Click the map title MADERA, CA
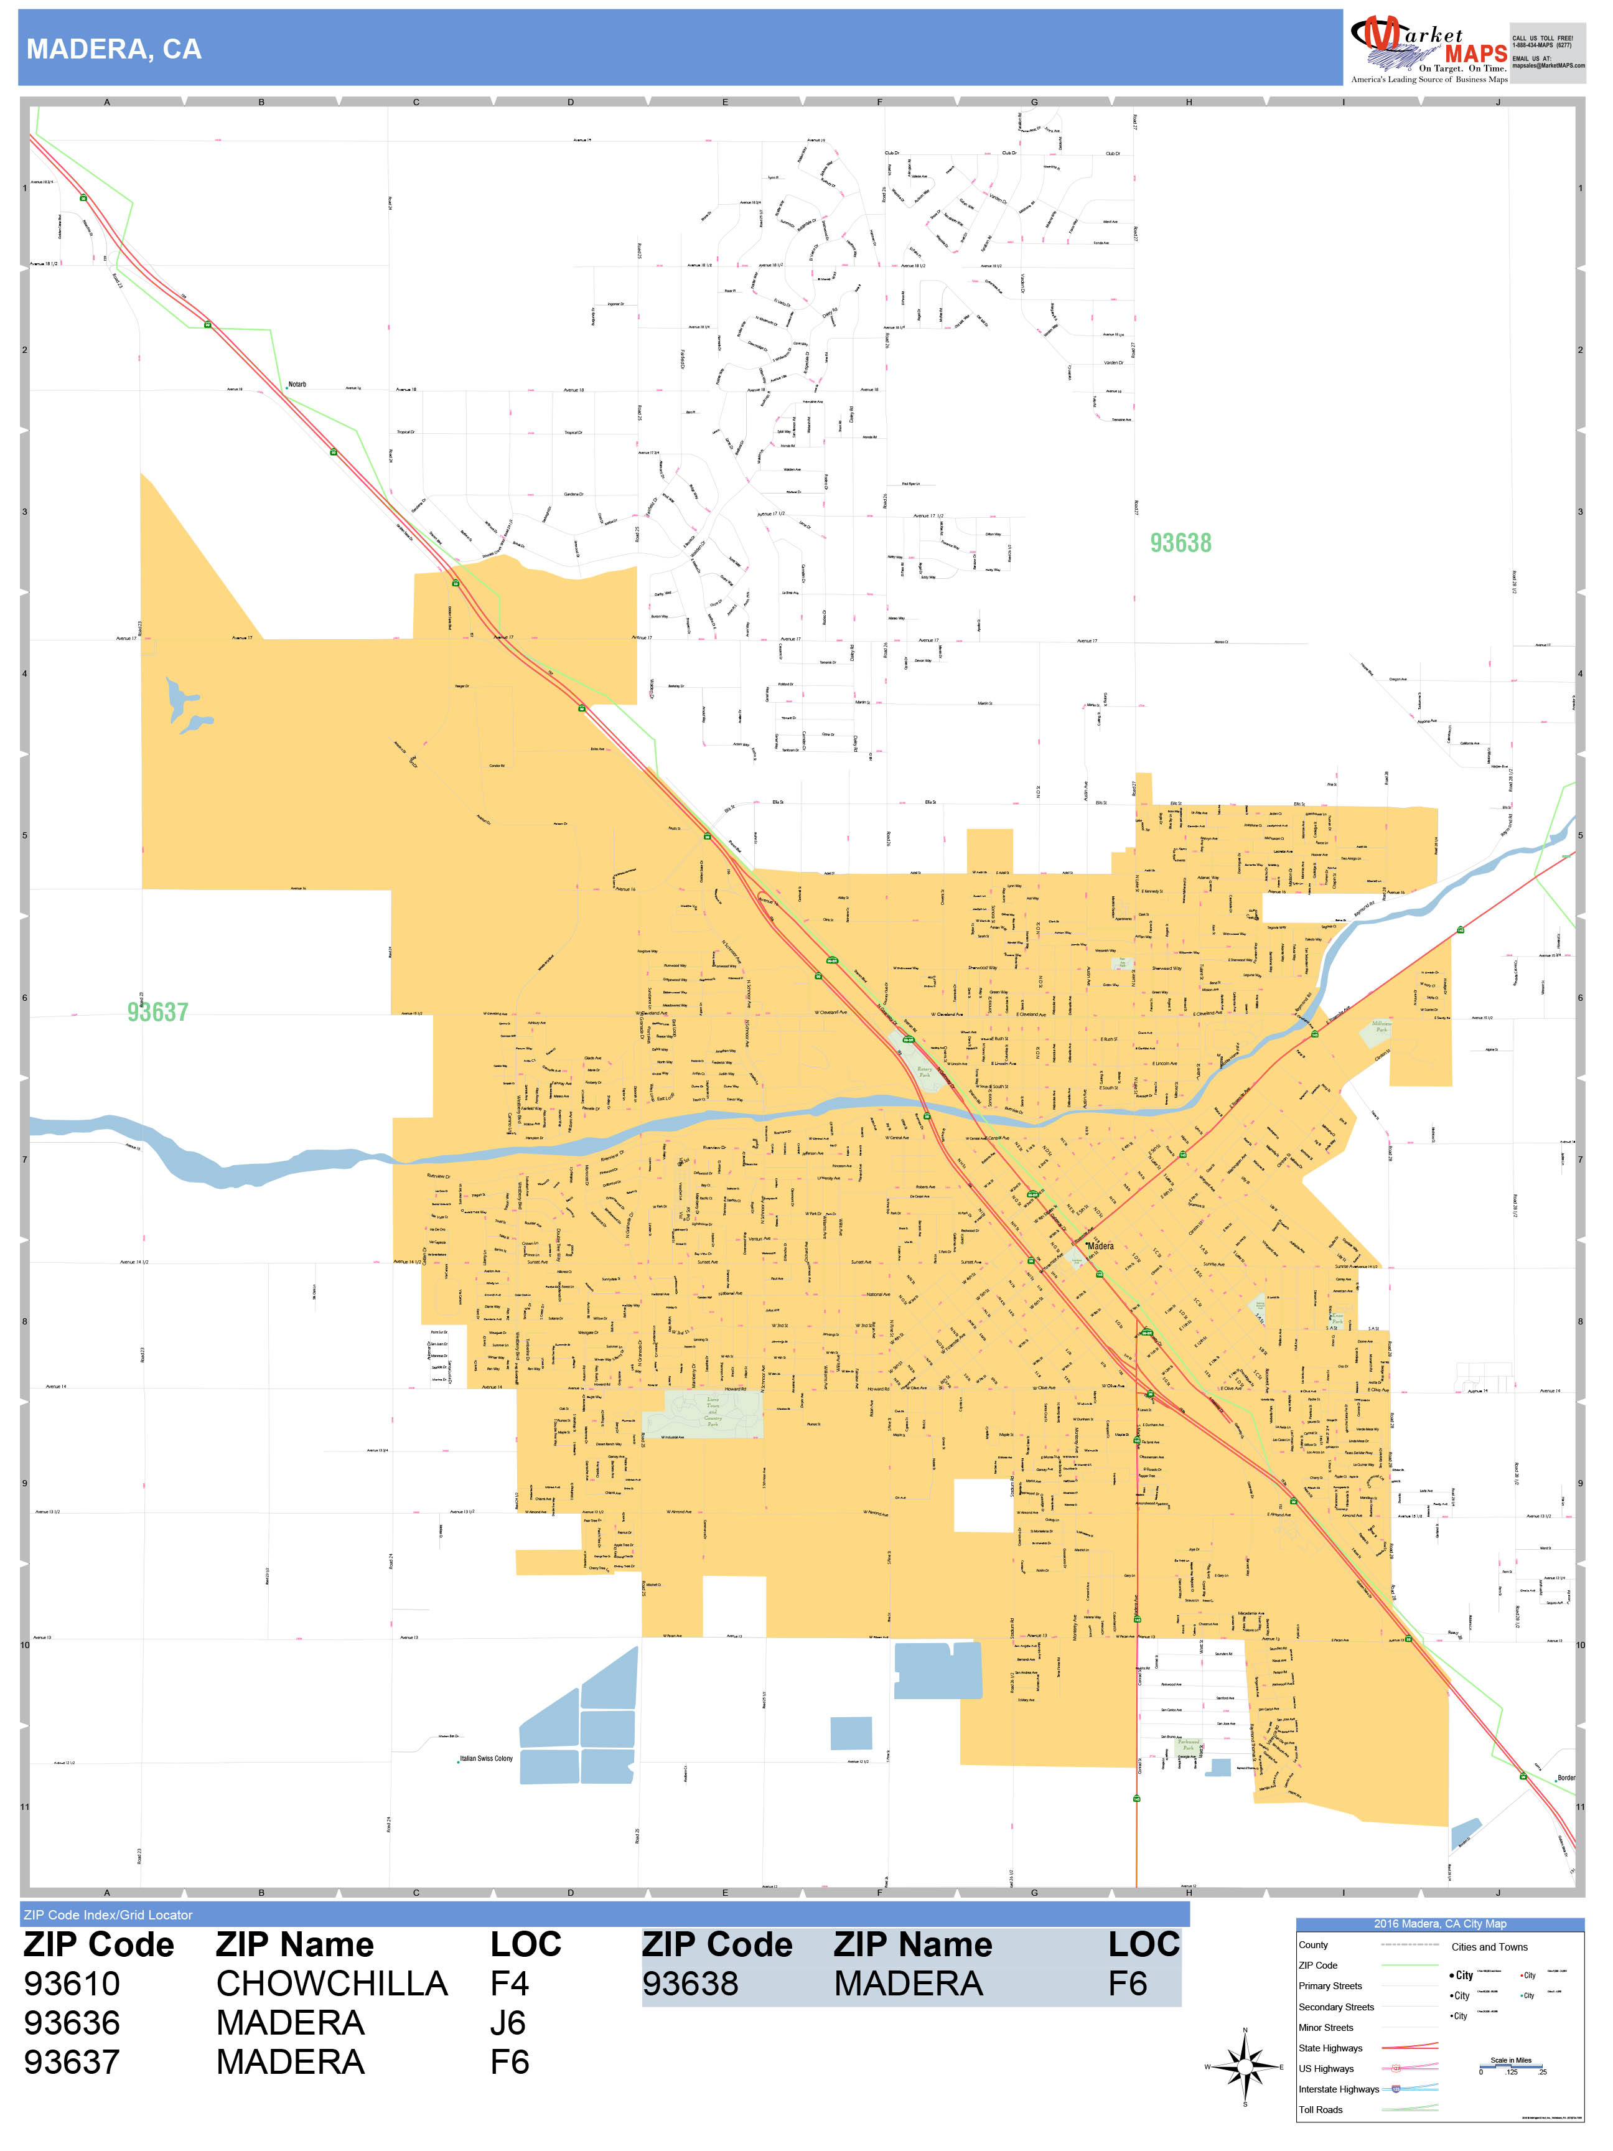(x=114, y=50)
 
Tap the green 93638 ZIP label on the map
(x=1181, y=543)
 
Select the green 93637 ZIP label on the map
(x=157, y=1012)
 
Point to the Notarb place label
(x=297, y=384)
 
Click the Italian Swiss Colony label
(x=486, y=1758)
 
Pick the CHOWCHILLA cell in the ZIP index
(x=332, y=1984)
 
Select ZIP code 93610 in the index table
(x=72, y=1984)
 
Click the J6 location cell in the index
(x=508, y=2023)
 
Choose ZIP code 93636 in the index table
(x=72, y=2023)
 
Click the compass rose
(x=1245, y=2066)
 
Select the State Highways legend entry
(x=1330, y=2048)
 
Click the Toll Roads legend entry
(x=1321, y=2109)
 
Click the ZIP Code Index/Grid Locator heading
(x=108, y=1914)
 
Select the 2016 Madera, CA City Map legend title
(x=1439, y=1923)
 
